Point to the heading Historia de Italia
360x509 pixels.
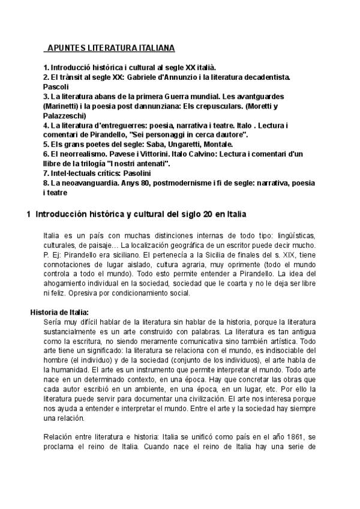[x=59, y=312]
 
